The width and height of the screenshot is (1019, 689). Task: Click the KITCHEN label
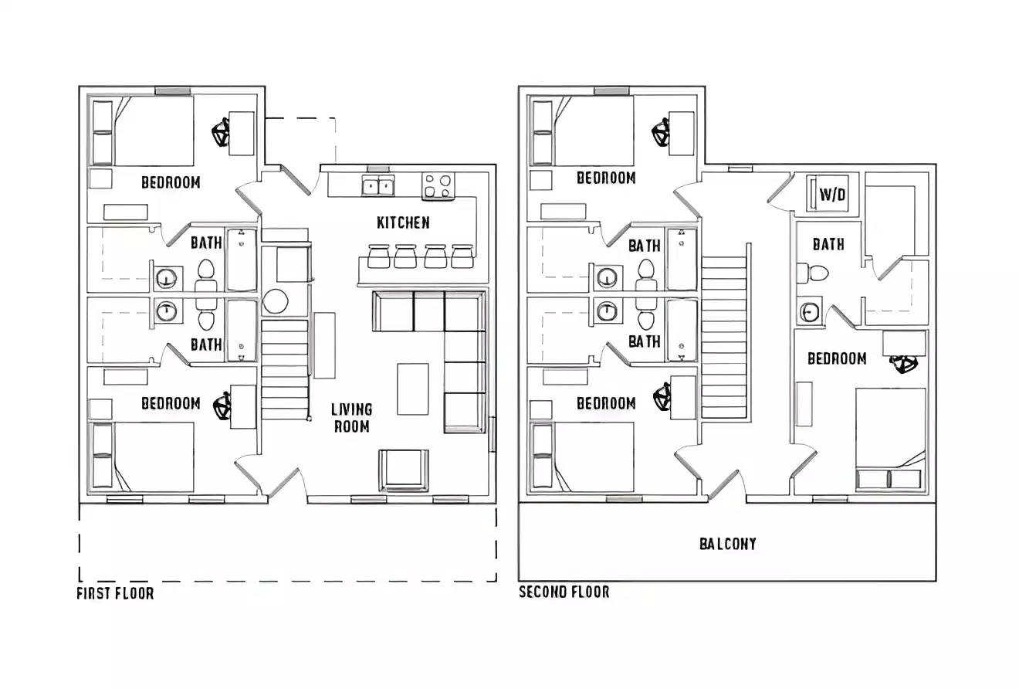coord(403,223)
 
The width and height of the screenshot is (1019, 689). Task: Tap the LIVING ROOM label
coord(351,418)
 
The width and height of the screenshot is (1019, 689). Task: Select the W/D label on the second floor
coord(832,195)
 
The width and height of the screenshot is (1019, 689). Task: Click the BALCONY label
coord(727,544)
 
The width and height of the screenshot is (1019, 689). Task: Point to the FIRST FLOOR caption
coord(115,594)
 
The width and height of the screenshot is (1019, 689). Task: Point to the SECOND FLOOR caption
coord(564,592)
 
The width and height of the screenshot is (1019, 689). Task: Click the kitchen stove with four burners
coord(438,186)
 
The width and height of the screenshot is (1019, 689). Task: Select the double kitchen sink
coord(378,186)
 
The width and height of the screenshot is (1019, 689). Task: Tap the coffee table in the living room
coord(412,389)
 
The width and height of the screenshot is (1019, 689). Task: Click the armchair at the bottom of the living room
coord(403,470)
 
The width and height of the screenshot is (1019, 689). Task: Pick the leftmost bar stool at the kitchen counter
coord(379,256)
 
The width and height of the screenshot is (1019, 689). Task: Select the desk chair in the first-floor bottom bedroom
coord(223,406)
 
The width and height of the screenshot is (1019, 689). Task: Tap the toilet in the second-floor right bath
coord(815,273)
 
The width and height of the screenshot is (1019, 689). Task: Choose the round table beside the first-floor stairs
coord(275,301)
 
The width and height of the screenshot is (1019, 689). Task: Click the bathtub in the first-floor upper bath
coord(242,260)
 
